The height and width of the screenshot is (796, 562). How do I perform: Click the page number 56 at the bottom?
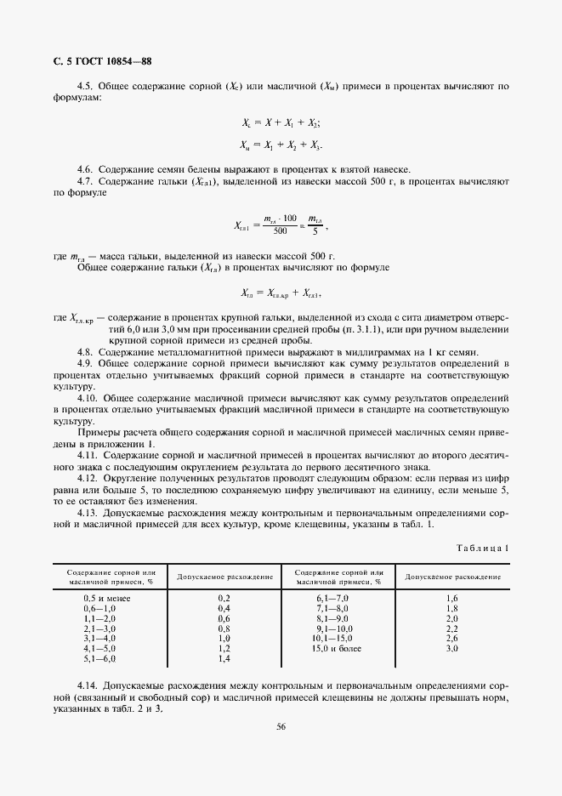[x=281, y=725]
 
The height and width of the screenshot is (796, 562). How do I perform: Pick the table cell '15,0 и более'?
[x=338, y=648]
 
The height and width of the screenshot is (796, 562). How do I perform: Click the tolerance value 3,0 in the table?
[x=451, y=648]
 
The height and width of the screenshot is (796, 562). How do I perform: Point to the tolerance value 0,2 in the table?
[x=224, y=599]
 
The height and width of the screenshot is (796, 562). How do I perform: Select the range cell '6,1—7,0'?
[x=338, y=599]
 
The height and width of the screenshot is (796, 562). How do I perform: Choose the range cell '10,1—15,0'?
[x=338, y=638]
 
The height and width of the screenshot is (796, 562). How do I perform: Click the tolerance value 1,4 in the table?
[x=224, y=658]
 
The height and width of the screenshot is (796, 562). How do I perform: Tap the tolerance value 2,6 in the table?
[x=451, y=638]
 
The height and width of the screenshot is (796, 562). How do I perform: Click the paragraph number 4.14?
[x=88, y=685]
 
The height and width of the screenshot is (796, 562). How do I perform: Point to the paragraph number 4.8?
[x=85, y=352]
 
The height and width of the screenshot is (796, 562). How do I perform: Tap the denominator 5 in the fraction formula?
[x=315, y=231]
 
